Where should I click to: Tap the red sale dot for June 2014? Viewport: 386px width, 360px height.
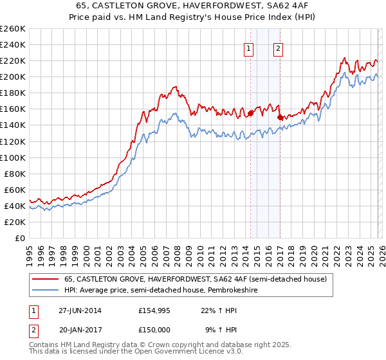click(x=250, y=113)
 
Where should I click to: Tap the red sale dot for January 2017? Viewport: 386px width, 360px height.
click(x=280, y=117)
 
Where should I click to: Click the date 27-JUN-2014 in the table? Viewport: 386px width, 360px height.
click(x=80, y=310)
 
